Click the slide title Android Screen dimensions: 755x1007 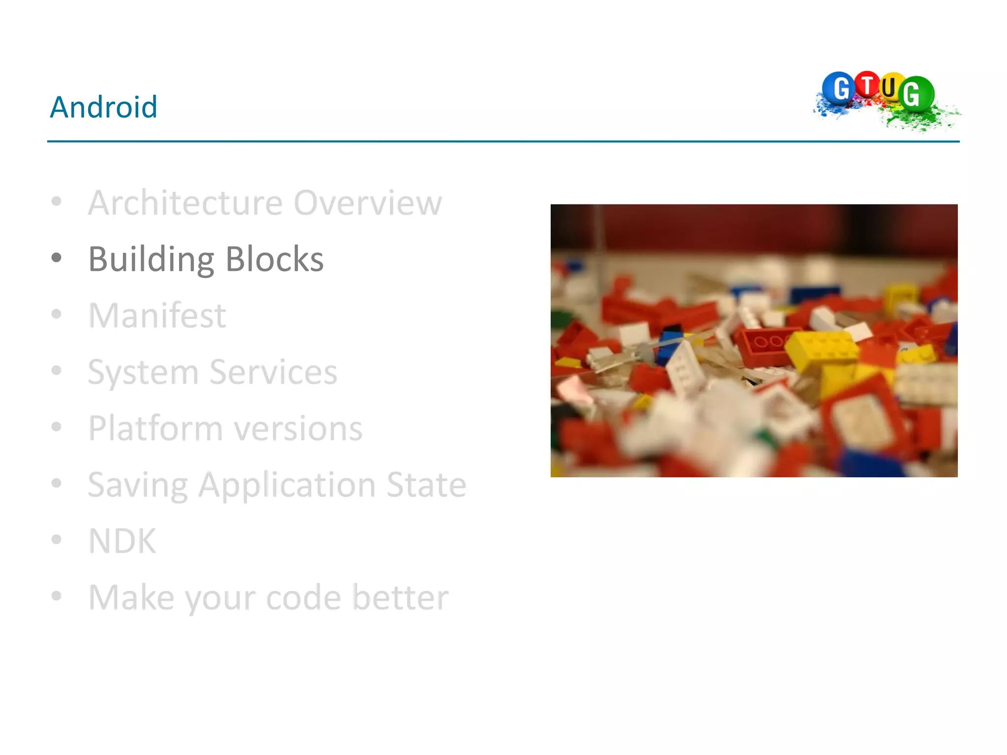click(104, 107)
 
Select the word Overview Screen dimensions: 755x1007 click(368, 203)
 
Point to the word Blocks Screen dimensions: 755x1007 click(274, 259)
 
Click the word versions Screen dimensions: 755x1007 click(298, 428)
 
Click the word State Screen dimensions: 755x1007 click(426, 485)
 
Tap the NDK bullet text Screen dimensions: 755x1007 click(122, 541)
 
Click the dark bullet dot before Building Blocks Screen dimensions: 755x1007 click(57, 258)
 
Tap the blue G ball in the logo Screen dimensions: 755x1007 click(839, 88)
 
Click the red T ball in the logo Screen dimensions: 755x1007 click(867, 85)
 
